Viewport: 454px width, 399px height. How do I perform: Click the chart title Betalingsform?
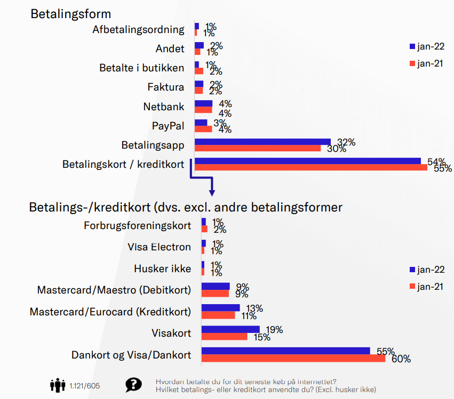[x=70, y=13]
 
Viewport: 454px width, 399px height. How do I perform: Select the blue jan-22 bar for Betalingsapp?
[x=262, y=142]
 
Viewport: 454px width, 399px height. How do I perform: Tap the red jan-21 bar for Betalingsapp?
[x=258, y=148]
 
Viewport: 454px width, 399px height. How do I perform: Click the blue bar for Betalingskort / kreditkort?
[x=308, y=161]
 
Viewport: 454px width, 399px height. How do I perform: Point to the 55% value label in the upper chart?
[x=443, y=168]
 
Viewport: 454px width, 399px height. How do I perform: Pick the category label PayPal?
[x=168, y=126]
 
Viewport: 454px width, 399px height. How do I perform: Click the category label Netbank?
[x=164, y=107]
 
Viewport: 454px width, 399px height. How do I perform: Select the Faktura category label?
[x=166, y=87]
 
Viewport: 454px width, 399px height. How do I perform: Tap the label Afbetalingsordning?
[x=138, y=29]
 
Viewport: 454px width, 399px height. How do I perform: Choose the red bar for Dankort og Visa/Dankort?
[x=293, y=359]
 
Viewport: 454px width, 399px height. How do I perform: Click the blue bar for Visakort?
[x=230, y=330]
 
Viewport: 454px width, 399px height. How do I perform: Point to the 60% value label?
[x=401, y=359]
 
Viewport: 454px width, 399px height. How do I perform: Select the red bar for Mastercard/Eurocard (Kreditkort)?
[x=218, y=315]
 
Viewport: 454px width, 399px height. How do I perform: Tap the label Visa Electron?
[x=160, y=247]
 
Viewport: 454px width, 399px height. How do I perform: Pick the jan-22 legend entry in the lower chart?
[x=426, y=269]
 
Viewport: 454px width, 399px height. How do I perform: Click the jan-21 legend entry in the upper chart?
[x=426, y=63]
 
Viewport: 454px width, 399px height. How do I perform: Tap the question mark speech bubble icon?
[x=133, y=385]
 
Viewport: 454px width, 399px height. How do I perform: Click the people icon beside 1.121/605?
[x=58, y=385]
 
